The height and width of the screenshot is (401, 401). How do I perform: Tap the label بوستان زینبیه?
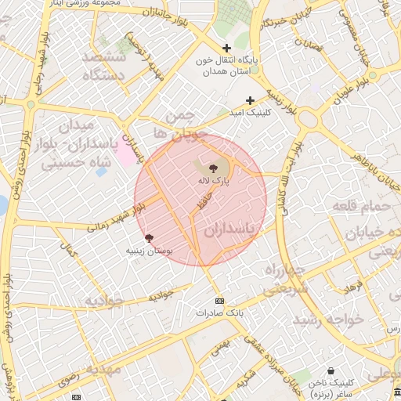click(x=149, y=251)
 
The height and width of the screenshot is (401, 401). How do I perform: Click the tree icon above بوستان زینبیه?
click(x=149, y=237)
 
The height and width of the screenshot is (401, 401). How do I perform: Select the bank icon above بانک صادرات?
click(x=219, y=301)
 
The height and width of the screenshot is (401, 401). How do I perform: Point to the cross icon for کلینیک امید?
click(x=250, y=100)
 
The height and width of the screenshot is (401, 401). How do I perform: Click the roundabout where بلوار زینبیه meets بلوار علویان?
click(x=308, y=118)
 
